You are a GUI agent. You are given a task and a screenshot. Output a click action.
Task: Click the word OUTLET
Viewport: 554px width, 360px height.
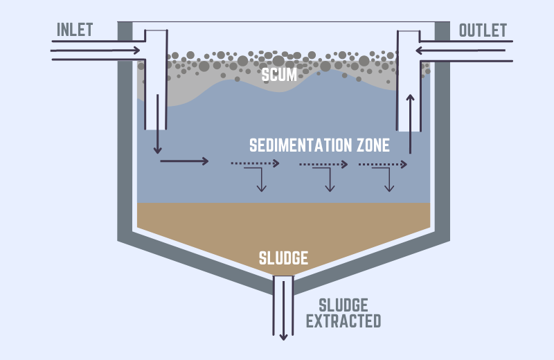click(483, 30)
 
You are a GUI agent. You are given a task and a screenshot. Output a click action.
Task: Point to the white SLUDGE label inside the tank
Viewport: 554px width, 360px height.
click(283, 259)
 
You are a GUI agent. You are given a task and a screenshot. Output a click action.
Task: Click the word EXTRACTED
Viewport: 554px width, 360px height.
click(343, 321)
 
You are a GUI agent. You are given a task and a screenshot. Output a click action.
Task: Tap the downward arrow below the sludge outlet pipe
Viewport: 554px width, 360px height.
click(283, 325)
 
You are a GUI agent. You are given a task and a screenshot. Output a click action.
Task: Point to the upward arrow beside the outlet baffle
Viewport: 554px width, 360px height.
click(411, 125)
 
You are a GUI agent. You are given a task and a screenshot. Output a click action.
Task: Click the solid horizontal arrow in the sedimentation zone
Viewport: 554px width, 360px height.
click(184, 161)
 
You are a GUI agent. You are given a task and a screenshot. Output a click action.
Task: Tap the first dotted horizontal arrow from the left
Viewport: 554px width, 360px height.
click(255, 164)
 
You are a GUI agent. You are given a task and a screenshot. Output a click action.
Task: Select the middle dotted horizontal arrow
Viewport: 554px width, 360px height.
click(323, 164)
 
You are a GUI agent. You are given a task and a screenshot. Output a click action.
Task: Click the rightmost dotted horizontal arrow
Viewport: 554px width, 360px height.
click(382, 164)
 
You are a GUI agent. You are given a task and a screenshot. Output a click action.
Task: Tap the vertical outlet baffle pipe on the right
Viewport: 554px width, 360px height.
click(404, 83)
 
